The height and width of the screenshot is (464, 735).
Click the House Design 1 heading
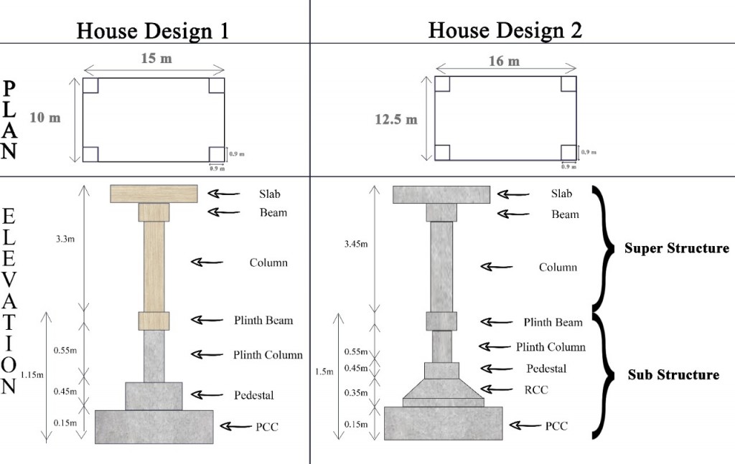tap(153, 31)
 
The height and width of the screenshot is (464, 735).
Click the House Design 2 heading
tap(505, 30)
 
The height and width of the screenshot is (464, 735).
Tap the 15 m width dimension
tap(156, 59)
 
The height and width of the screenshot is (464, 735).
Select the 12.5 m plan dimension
tap(396, 120)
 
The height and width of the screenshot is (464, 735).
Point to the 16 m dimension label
tap(505, 61)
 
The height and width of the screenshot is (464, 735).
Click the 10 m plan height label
tap(45, 118)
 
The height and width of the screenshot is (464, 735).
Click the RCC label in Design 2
tap(536, 389)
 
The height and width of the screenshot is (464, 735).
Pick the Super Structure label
tap(676, 248)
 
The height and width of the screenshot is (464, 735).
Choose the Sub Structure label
tap(673, 374)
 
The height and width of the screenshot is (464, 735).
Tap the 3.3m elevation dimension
tap(65, 239)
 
